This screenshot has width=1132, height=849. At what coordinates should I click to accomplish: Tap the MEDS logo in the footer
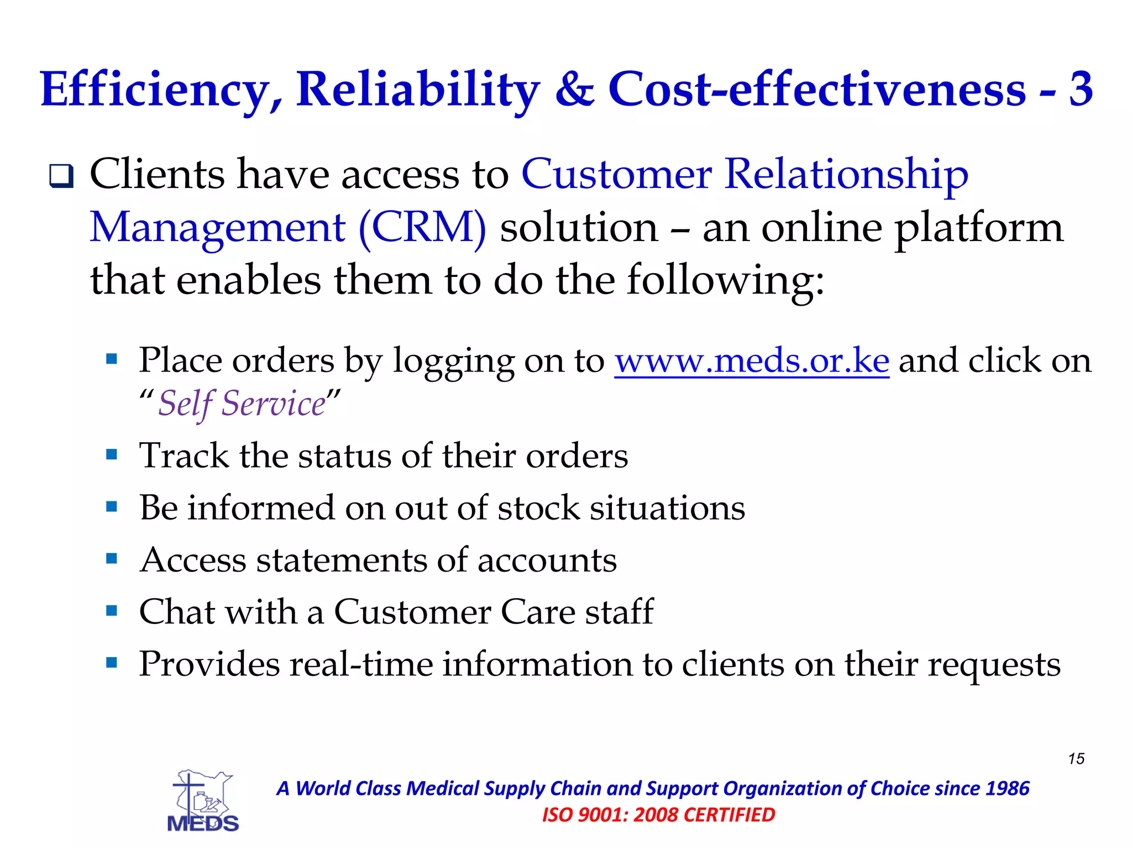(x=203, y=801)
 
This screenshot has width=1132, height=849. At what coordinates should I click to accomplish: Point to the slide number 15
(x=1076, y=758)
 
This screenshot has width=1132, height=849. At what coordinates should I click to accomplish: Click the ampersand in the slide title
(x=574, y=90)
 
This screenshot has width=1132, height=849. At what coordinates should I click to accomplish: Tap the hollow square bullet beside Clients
(x=61, y=176)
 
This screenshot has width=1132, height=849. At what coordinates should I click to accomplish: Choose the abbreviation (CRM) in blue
(x=423, y=227)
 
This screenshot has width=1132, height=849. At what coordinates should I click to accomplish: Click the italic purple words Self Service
(x=242, y=403)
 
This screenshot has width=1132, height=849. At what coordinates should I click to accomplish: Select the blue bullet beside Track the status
(x=112, y=455)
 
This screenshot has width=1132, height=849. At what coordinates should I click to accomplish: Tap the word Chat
(x=176, y=612)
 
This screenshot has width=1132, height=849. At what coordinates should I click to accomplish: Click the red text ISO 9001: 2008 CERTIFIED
(x=658, y=815)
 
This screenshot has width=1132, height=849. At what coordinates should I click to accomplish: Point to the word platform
(x=979, y=227)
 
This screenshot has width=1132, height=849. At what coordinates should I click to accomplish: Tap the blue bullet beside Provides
(x=112, y=662)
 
